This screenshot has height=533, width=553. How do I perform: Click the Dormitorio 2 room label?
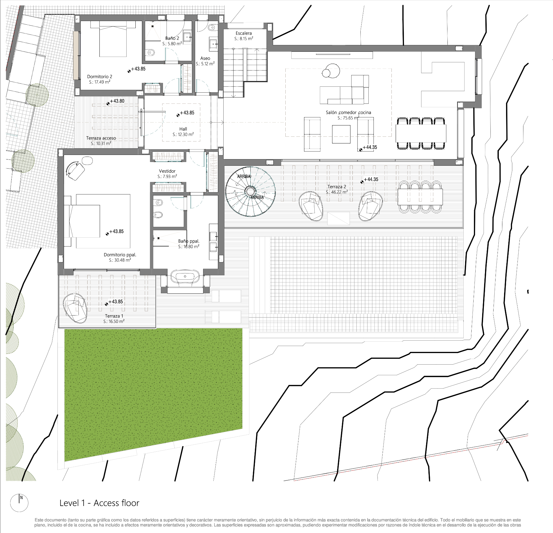click(100, 76)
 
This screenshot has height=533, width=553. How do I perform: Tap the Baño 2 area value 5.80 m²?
click(172, 44)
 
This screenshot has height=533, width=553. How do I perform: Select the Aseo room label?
click(205, 58)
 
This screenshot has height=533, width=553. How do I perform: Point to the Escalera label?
click(244, 33)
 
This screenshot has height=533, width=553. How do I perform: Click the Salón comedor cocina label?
click(348, 113)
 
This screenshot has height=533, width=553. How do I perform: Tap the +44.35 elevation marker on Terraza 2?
click(370, 180)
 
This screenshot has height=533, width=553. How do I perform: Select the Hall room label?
click(183, 129)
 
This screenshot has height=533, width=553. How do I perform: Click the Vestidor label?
click(167, 171)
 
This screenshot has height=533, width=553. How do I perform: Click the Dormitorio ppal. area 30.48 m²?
click(120, 260)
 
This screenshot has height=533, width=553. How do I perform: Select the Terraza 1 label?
click(114, 316)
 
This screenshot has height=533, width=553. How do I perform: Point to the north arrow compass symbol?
click(19, 503)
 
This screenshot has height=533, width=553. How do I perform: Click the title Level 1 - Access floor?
click(99, 503)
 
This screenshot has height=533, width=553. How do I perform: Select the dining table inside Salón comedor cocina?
click(421, 133)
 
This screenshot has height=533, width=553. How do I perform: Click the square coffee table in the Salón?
click(341, 134)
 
